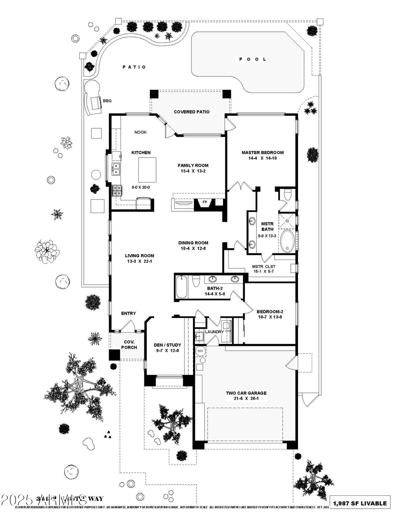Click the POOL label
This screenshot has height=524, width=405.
coord(253,59)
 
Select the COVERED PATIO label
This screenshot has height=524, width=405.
coord(192,112)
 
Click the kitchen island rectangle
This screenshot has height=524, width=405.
coord(147,170)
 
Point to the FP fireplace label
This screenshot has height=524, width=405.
coord(205,202)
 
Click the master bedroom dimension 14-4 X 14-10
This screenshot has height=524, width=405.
coord(262,158)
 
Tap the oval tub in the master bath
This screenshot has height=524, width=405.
coord(288,241)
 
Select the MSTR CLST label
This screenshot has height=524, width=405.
coord(263,267)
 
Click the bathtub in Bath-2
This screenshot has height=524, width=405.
coord(181,287)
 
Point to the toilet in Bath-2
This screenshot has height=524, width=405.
coord(196,281)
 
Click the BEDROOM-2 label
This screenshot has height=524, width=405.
coord(269,312)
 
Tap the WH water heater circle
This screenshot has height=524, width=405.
coord(200,350)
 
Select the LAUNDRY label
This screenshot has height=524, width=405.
coord(214,332)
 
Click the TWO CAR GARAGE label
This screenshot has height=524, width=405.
coord(246,393)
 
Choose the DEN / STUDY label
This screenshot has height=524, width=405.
coord(167,345)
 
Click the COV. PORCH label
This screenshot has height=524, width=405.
coord(129,345)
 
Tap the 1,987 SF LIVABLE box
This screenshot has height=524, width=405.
coord(360,503)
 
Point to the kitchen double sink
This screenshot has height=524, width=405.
coord(116,169)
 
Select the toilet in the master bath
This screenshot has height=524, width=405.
coord(288,194)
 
